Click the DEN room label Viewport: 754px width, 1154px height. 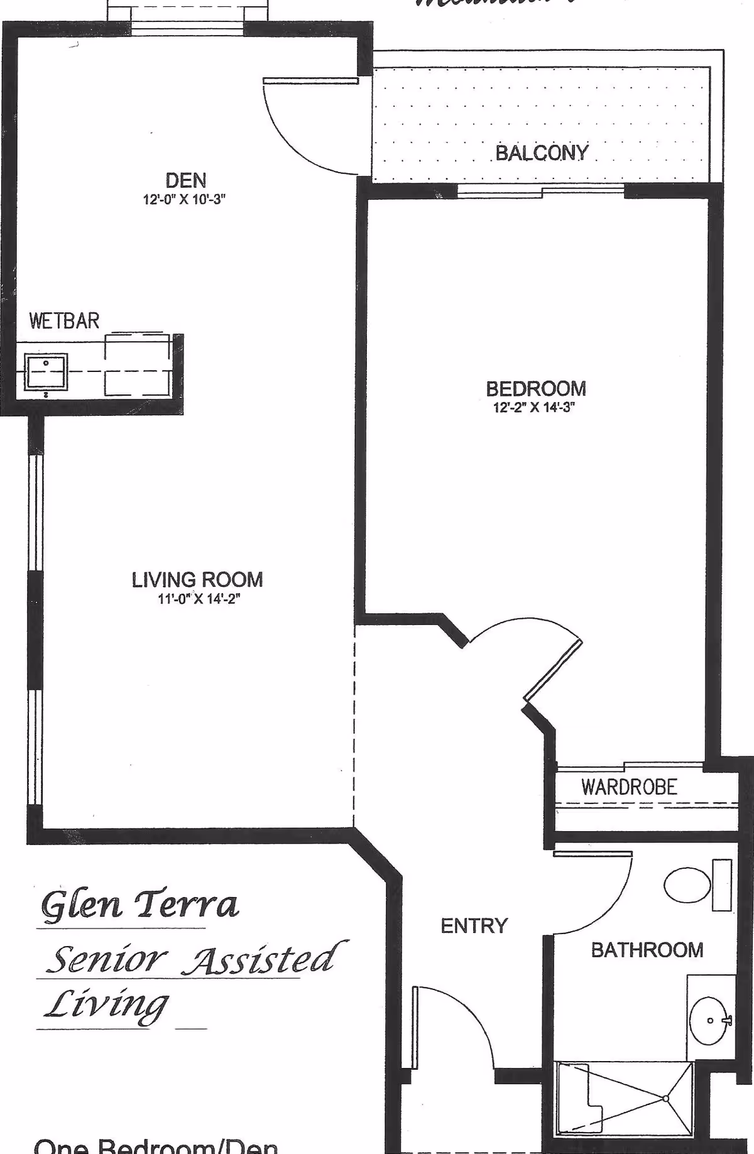click(186, 181)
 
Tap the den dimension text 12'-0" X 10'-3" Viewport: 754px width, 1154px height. click(184, 200)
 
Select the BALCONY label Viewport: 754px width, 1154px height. click(542, 153)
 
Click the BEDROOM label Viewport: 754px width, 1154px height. click(536, 388)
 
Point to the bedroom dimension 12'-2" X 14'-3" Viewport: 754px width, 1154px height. click(535, 407)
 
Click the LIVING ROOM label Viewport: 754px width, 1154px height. click(197, 579)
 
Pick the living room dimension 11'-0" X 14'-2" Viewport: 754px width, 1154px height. click(199, 599)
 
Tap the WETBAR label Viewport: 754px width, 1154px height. click(64, 321)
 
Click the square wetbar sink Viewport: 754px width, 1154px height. click(46, 372)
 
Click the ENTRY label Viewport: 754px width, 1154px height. click(474, 926)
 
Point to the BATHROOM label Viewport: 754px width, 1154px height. click(647, 949)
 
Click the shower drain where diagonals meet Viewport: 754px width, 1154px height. click(665, 1098)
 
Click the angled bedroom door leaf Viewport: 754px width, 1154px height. click(554, 669)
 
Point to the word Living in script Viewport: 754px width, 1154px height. click(106, 1005)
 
